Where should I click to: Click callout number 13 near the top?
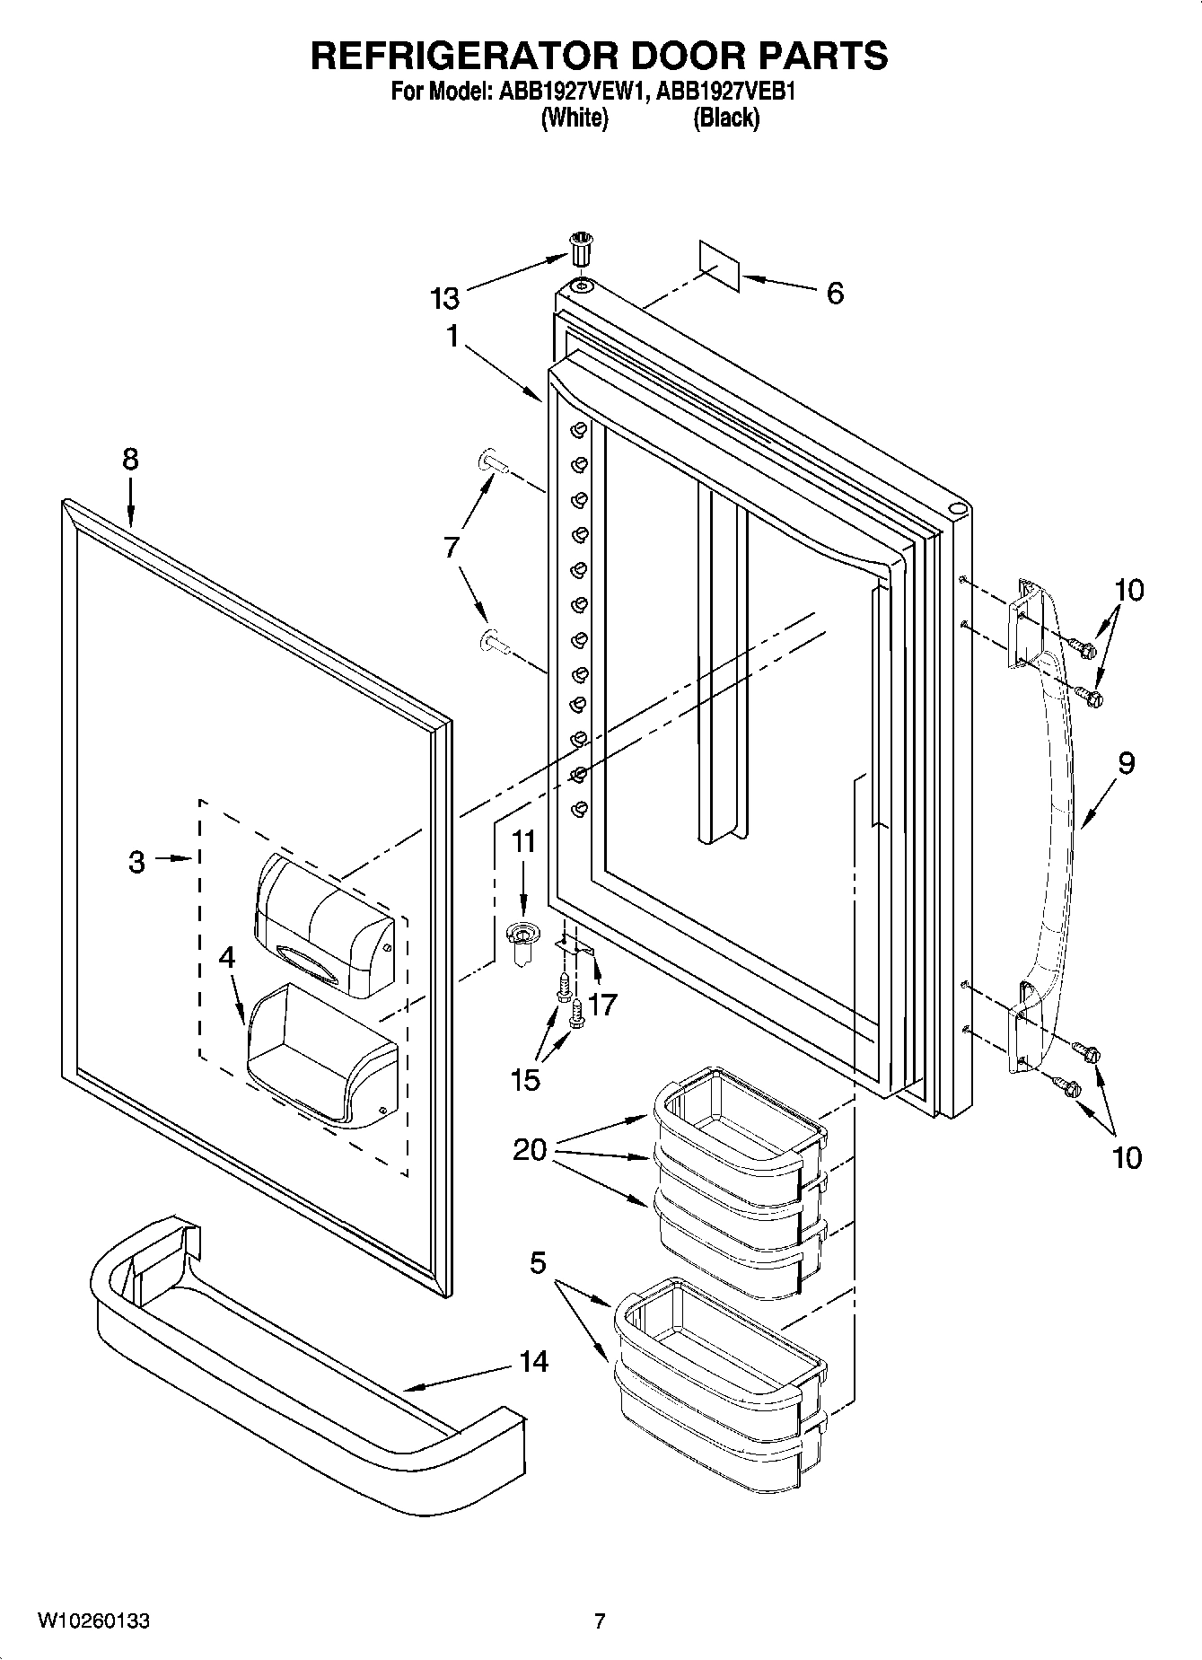point(444,297)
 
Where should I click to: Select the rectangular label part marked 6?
point(719,265)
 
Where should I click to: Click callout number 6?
point(835,294)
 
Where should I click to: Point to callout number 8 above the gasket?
point(131,460)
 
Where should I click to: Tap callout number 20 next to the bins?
point(530,1148)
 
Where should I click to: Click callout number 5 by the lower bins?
point(537,1263)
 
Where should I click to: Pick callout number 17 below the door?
point(603,1004)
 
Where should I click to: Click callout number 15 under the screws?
point(525,1079)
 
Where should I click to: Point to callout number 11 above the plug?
point(523,841)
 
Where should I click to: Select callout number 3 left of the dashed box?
point(136,863)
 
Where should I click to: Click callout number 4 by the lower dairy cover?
point(227,957)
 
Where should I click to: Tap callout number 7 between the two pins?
point(451,546)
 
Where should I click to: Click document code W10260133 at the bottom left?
point(93,1621)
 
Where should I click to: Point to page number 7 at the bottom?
point(600,1621)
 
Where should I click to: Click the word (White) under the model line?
point(575,118)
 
